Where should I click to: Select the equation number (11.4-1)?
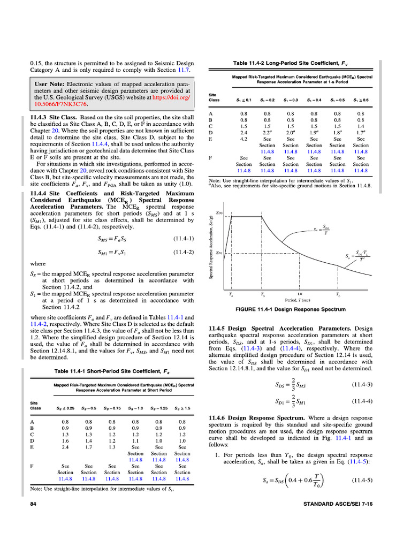(x=184, y=238)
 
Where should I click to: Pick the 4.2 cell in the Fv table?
(x=243, y=139)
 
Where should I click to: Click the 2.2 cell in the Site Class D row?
(x=267, y=132)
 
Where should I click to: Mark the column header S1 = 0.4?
(x=314, y=100)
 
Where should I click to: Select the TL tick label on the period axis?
(x=337, y=294)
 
